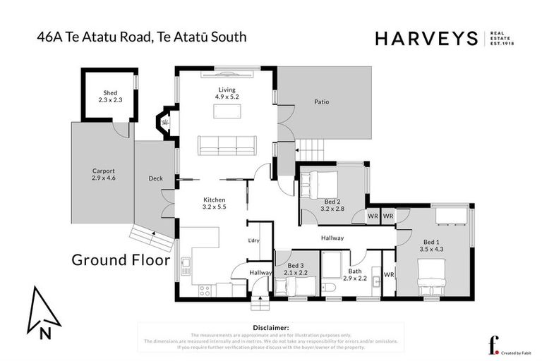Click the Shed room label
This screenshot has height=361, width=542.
pos(109,96)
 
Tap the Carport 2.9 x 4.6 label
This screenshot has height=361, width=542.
pos(103,175)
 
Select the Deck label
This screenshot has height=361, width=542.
pos(155,178)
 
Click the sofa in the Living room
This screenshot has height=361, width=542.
pos(227,145)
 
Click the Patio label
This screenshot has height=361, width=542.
pos(321,102)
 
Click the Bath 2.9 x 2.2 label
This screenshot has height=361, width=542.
pos(355,275)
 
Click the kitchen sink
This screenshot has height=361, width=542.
pos(185,267)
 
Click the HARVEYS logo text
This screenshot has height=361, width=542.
pos(426,39)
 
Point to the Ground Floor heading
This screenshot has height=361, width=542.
pos(121,260)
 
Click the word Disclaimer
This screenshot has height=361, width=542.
pos(270,328)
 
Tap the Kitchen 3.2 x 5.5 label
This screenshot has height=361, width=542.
pos(215,204)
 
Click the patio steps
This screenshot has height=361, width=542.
pos(311,149)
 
